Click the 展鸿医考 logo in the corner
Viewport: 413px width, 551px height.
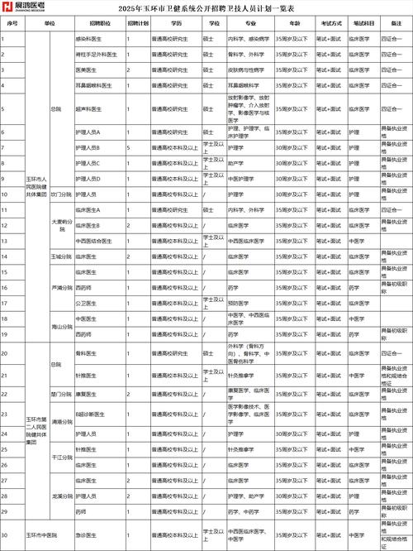click(22, 7)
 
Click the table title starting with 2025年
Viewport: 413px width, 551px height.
click(206, 9)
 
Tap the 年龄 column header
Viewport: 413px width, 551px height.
click(292, 24)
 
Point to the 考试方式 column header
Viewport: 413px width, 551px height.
click(331, 24)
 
